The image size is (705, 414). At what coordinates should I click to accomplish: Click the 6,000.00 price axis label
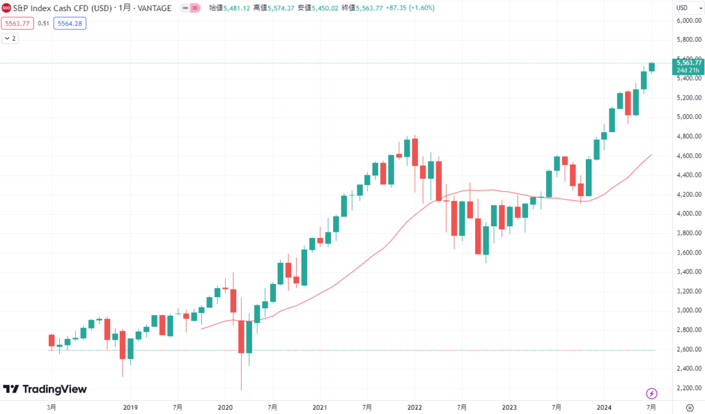tap(688, 21)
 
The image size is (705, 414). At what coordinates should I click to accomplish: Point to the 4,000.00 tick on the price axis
tap(688, 214)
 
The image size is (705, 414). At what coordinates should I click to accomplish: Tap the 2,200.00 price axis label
tap(688, 388)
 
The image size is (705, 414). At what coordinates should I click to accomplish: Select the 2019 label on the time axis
tap(131, 407)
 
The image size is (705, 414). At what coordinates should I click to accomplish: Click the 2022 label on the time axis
tap(414, 407)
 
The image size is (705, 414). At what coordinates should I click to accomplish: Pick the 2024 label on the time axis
tap(604, 407)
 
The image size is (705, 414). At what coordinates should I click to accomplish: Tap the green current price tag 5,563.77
tap(688, 66)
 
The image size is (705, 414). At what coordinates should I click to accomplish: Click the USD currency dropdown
tap(685, 8)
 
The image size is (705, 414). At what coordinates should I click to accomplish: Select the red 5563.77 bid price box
tap(17, 23)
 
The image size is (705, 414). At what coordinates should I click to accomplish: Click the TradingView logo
tap(45, 389)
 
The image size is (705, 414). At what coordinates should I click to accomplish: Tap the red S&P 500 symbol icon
tap(6, 8)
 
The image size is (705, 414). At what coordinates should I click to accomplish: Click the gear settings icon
tap(689, 407)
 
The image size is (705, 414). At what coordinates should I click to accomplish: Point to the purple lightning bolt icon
tap(651, 393)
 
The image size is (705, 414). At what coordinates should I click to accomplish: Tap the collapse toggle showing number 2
tap(10, 39)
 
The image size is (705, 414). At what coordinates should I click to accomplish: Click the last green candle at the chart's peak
tap(651, 67)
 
